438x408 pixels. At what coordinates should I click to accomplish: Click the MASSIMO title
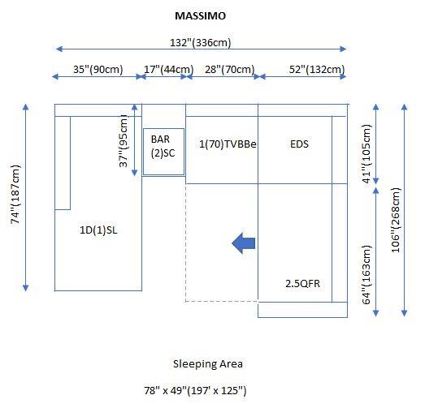(x=200, y=16)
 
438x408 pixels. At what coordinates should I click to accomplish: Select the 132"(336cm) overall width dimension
(x=201, y=43)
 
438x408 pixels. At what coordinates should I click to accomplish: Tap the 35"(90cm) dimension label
(x=98, y=70)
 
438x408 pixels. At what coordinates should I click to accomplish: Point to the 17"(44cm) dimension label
(x=169, y=70)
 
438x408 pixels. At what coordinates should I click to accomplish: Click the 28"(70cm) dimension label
(x=230, y=70)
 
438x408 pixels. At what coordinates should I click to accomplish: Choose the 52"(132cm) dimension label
(x=317, y=70)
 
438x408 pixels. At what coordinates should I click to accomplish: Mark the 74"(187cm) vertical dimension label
(x=15, y=195)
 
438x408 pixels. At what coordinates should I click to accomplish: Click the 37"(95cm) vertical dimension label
(x=124, y=141)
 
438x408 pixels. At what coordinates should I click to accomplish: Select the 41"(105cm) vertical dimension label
(x=366, y=153)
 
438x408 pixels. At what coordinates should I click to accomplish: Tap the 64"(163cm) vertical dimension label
(x=366, y=275)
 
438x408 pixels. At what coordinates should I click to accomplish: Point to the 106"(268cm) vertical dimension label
(x=396, y=220)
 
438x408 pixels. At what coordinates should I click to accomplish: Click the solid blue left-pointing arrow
(x=243, y=243)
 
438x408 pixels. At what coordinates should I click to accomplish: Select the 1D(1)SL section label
(x=98, y=230)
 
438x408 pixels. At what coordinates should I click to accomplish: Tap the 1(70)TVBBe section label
(x=228, y=144)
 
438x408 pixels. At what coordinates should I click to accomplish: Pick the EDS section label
(x=299, y=144)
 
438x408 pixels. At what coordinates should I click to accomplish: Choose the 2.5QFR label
(x=302, y=284)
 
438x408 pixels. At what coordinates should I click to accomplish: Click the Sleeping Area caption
(x=207, y=364)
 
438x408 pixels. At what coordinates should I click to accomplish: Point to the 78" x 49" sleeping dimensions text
(x=195, y=390)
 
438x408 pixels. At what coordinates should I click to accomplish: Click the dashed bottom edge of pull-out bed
(x=222, y=302)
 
